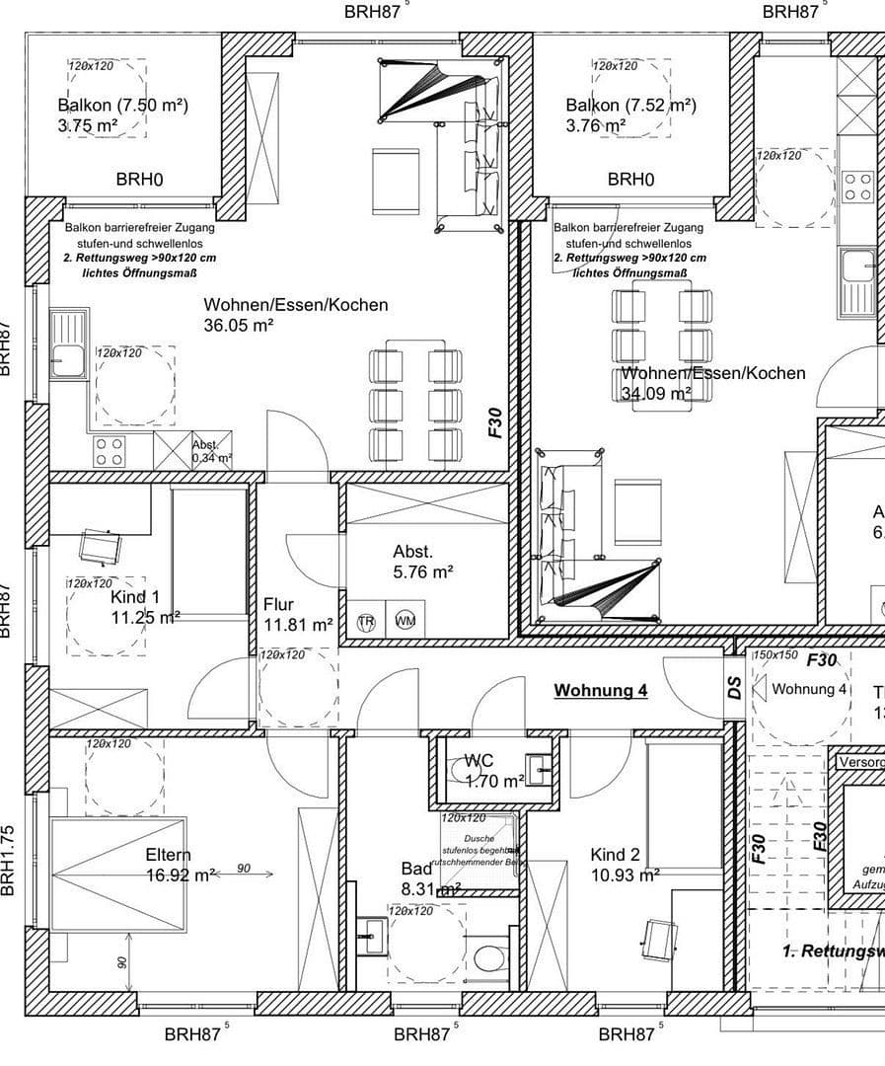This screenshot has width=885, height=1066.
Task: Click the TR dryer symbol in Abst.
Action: point(366,622)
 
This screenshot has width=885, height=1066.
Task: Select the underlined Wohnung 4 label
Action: point(600,691)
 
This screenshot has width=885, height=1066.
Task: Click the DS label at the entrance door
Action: point(735,689)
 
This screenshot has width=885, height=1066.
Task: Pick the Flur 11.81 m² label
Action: point(297,614)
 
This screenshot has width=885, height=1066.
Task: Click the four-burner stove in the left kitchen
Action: point(109,452)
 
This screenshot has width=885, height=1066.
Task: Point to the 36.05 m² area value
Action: point(239,326)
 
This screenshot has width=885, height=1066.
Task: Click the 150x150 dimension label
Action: point(775,655)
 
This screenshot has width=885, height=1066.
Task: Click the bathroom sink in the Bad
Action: point(372,934)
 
